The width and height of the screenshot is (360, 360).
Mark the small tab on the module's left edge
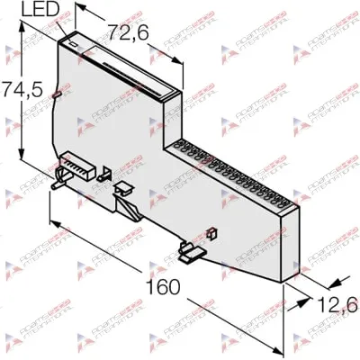pos(57,94)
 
